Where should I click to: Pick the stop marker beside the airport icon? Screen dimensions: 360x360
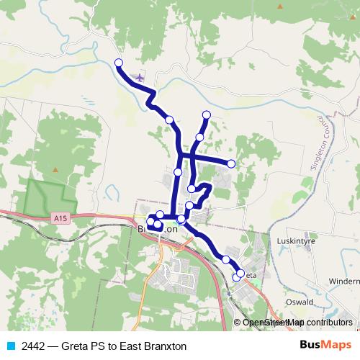pos(119,63)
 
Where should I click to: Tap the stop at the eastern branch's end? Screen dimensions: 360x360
pos(231,164)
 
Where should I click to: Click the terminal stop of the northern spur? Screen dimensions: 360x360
pos(207,114)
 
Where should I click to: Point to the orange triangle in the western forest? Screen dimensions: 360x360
pos(55,169)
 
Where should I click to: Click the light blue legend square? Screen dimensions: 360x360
pos(10,346)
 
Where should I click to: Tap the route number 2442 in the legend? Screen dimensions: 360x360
pos(33,346)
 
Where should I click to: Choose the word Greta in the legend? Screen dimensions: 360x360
pos(78,346)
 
